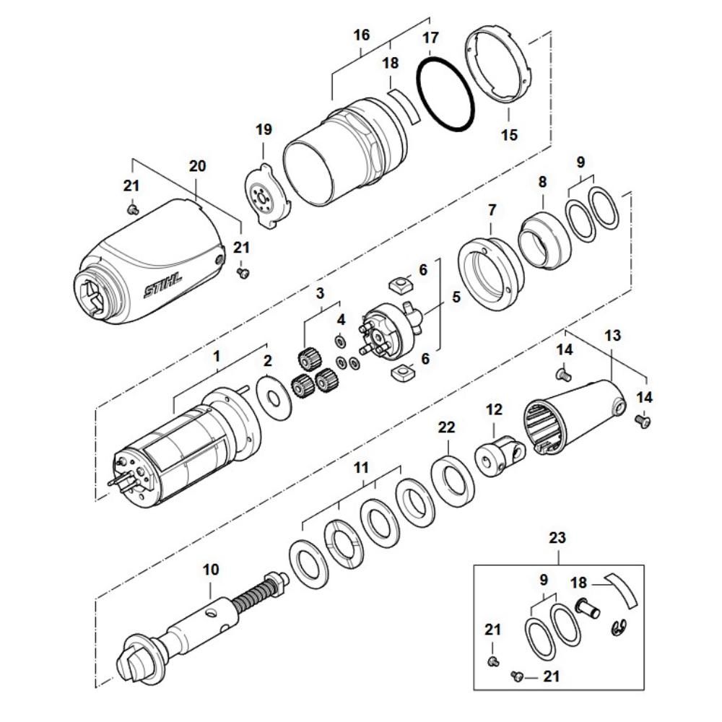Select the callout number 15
pos(509,134)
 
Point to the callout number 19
pos(264,130)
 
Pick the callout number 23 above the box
pos(557,538)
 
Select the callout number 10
pos(210,570)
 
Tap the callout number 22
pos(447,428)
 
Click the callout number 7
pos(492,210)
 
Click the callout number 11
pos(361,468)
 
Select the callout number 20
pos(197,166)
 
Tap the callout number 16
pos(362,35)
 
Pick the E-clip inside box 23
pos(619,625)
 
